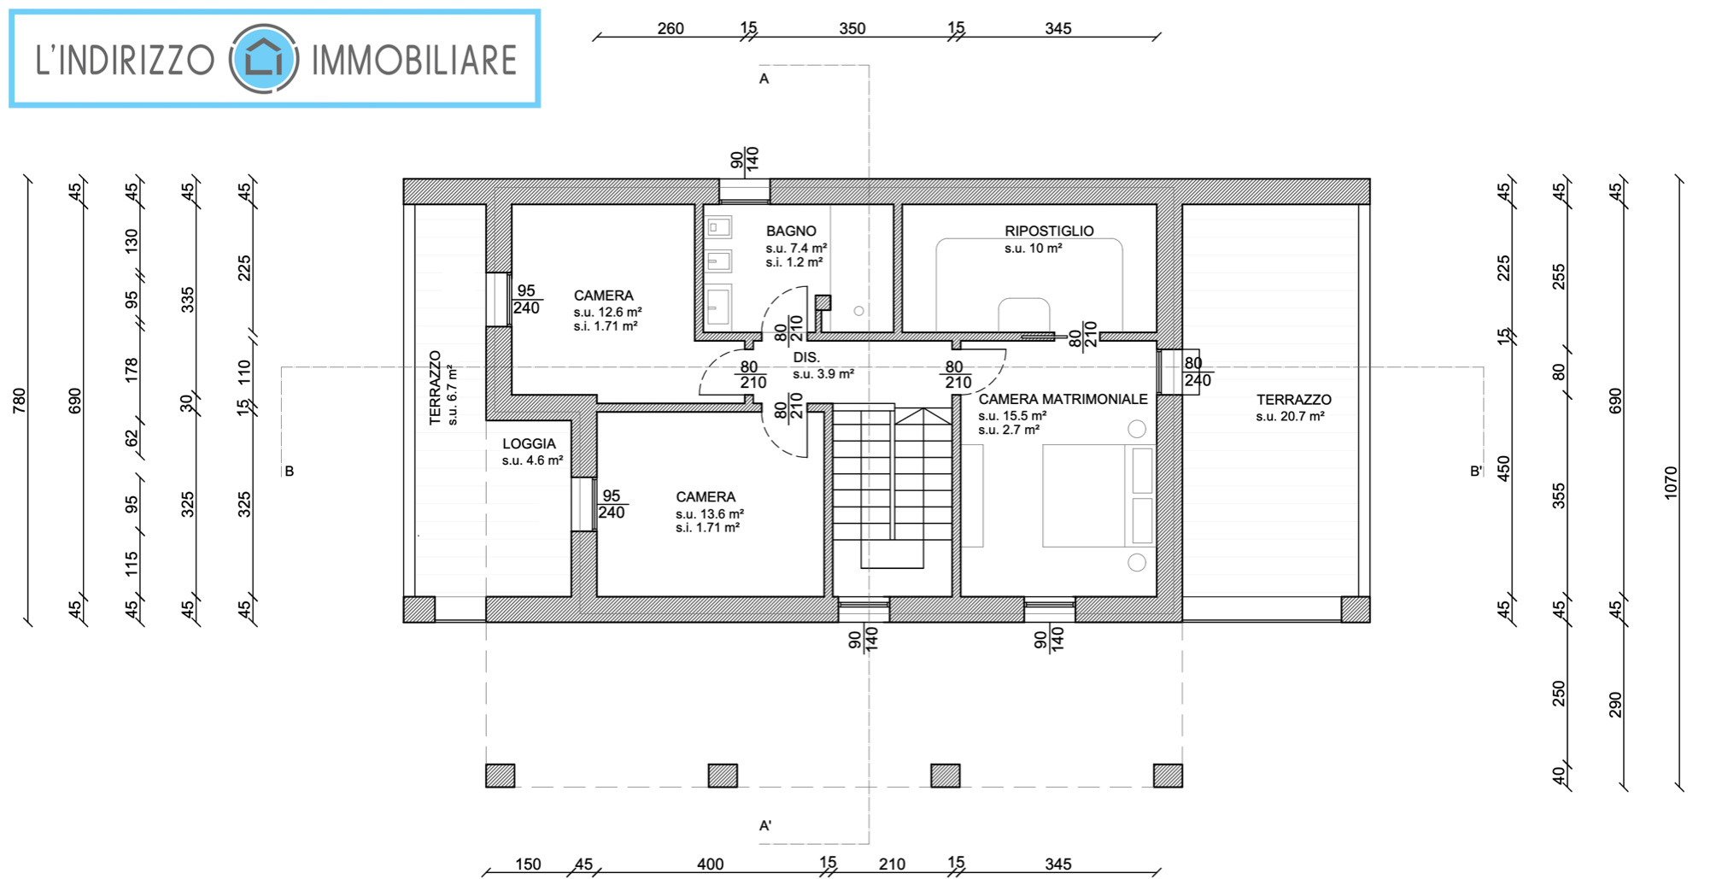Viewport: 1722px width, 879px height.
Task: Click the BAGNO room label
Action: tap(791, 231)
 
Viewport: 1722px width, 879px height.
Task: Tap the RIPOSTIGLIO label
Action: tap(1049, 231)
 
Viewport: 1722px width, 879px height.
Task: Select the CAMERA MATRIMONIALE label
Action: tap(1063, 399)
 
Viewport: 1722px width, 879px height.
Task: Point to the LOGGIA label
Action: tap(529, 443)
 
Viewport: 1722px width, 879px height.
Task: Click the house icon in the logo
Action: tap(263, 59)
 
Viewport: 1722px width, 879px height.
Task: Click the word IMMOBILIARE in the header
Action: tap(414, 60)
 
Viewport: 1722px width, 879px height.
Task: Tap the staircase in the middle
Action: tap(893, 487)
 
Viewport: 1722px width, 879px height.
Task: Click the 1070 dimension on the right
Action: tap(1671, 483)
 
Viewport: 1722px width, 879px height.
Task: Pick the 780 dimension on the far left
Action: tap(19, 401)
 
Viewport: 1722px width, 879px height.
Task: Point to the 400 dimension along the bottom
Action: tap(710, 864)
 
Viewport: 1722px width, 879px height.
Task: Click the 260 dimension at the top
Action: tap(671, 28)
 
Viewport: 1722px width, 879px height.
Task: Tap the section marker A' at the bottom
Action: tap(765, 825)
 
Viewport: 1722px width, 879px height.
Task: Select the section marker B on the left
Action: tap(290, 471)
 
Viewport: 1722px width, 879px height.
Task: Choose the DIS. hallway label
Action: tap(806, 357)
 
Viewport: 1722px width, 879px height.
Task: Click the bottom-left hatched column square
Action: tap(501, 776)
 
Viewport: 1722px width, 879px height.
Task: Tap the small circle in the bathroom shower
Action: tap(858, 311)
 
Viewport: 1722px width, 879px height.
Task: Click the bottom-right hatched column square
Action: tap(1168, 776)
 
